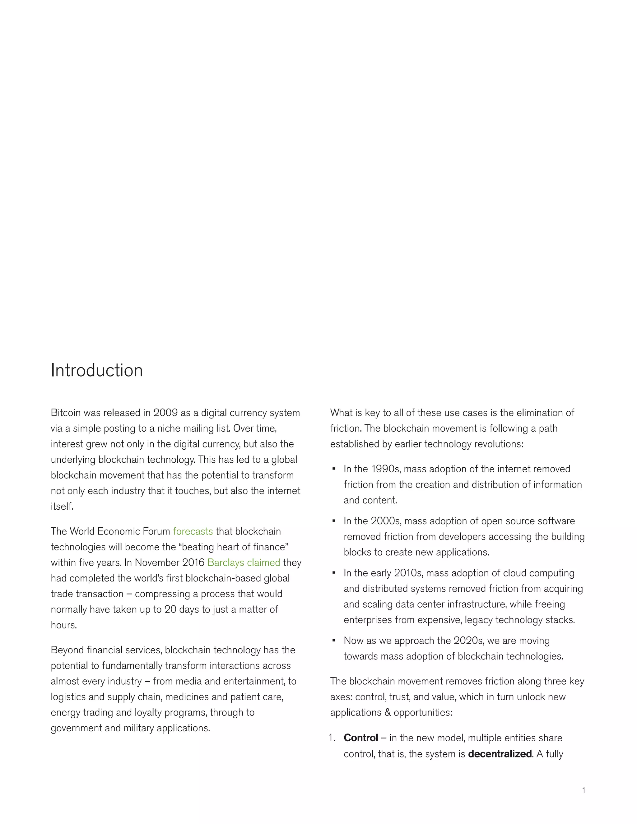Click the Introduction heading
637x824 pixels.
point(97,371)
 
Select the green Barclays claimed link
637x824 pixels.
point(244,562)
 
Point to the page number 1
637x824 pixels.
point(584,790)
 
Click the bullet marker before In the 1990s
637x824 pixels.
point(334,469)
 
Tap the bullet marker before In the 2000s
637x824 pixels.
point(334,521)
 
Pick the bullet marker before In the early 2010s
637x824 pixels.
point(334,573)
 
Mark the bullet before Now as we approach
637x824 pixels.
point(334,641)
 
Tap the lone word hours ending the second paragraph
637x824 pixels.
point(63,625)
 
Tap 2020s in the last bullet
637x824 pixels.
point(466,641)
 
